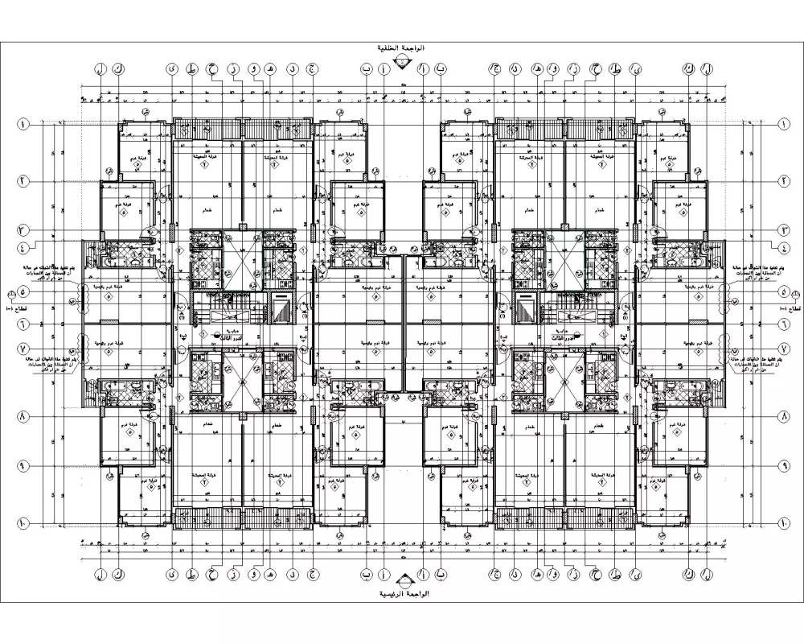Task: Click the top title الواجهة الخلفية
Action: click(403, 48)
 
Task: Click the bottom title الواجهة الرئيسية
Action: click(403, 594)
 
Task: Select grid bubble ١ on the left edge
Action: click(23, 125)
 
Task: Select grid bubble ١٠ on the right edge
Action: click(783, 524)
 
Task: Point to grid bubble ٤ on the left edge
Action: click(23, 246)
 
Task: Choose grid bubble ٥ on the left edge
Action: click(23, 294)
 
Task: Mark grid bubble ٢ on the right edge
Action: click(783, 181)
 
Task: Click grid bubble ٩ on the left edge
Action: click(23, 466)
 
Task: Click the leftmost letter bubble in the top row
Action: click(100, 70)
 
